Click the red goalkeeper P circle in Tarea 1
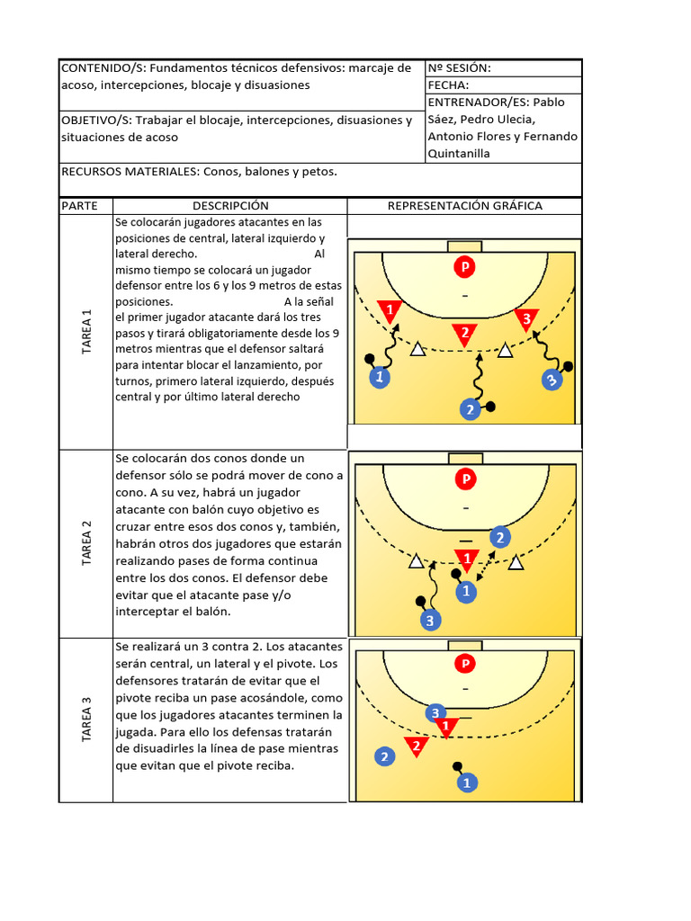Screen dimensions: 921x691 coord(465,267)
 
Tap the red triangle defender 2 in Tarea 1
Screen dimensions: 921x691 coord(464,334)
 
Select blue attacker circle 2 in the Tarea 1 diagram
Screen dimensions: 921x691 coord(470,409)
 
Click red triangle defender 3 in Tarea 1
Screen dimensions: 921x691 coord(525,318)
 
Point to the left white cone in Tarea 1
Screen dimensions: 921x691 coord(417,349)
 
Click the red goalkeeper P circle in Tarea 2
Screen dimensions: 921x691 coord(466,478)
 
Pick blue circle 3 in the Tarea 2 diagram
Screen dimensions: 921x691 coord(431,621)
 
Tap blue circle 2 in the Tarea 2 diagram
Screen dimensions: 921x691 coord(500,538)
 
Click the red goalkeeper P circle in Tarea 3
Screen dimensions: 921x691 coord(465,665)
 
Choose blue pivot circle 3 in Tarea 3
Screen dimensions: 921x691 coord(435,713)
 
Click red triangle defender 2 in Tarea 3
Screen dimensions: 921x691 coord(415,746)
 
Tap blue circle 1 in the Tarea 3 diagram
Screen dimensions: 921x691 coord(466,782)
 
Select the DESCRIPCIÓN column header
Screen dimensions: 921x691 coord(230,206)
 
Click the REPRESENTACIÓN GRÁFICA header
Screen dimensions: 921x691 coord(464,206)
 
